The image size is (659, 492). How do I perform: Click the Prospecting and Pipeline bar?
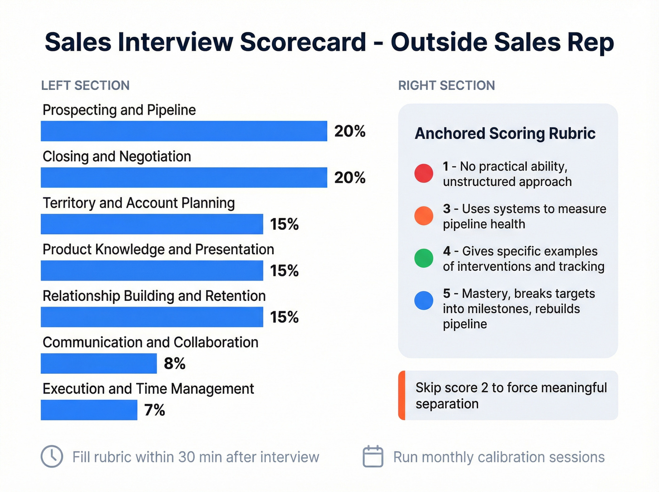pyautogui.click(x=184, y=131)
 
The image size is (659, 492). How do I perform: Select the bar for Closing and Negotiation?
pyautogui.click(x=184, y=177)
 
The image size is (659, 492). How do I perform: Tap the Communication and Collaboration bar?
pyautogui.click(x=98, y=363)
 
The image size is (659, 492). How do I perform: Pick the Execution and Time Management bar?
pyautogui.click(x=89, y=410)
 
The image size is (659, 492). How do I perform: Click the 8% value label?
pyautogui.click(x=174, y=363)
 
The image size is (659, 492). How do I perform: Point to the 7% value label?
pyautogui.click(x=154, y=410)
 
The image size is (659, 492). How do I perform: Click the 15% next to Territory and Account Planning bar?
pyautogui.click(x=284, y=224)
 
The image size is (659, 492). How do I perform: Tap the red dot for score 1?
pyautogui.click(x=424, y=173)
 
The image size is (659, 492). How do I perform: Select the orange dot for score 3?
pyautogui.click(x=424, y=216)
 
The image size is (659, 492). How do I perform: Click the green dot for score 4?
pyautogui.click(x=424, y=258)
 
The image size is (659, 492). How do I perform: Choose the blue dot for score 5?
pyautogui.click(x=424, y=300)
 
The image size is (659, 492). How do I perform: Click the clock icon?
pyautogui.click(x=52, y=456)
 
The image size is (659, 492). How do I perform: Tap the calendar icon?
pyautogui.click(x=373, y=456)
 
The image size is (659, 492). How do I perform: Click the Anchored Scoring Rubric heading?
pyautogui.click(x=505, y=133)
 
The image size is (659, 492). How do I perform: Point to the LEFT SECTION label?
pyautogui.click(x=85, y=85)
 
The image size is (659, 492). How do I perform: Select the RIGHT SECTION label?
pyautogui.click(x=446, y=85)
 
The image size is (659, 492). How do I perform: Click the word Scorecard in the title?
pyautogui.click(x=303, y=42)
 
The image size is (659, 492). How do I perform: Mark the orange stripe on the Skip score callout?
pyautogui.click(x=402, y=395)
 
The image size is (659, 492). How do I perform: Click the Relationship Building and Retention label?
pyautogui.click(x=154, y=296)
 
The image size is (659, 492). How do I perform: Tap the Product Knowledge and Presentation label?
pyautogui.click(x=158, y=249)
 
